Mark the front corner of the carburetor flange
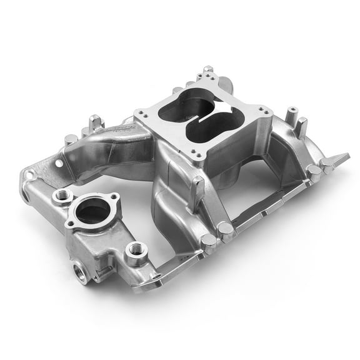[198, 154]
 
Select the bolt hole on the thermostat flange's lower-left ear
[69, 224]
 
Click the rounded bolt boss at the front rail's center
[226, 232]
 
